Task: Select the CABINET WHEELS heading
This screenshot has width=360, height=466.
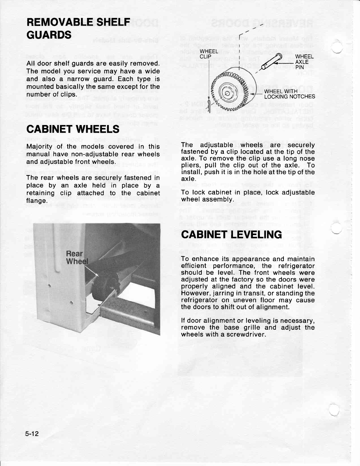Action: click(x=73, y=129)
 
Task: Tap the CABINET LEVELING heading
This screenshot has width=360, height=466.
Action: click(x=231, y=234)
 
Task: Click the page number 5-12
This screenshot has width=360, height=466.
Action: click(x=32, y=434)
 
